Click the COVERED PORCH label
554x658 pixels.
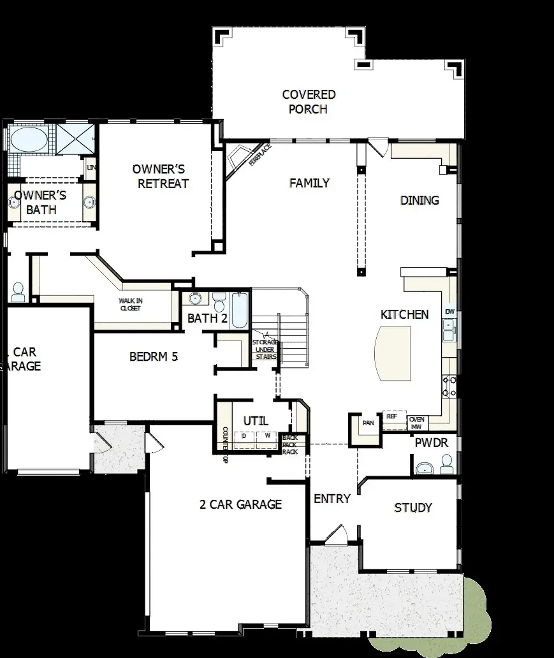tap(309, 102)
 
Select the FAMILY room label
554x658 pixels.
tap(309, 184)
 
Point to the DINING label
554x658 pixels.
tap(419, 200)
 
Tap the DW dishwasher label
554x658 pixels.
tap(450, 312)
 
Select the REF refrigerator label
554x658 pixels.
tap(391, 416)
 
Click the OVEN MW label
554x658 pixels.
tap(416, 423)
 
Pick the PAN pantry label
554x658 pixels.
tap(368, 423)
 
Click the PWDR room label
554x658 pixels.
tap(432, 442)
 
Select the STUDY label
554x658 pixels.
tap(413, 508)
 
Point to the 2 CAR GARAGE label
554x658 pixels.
tap(240, 505)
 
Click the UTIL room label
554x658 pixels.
tap(256, 421)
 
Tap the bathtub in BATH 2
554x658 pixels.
tap(239, 310)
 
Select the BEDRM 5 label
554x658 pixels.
tap(154, 357)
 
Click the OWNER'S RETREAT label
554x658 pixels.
tap(160, 177)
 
